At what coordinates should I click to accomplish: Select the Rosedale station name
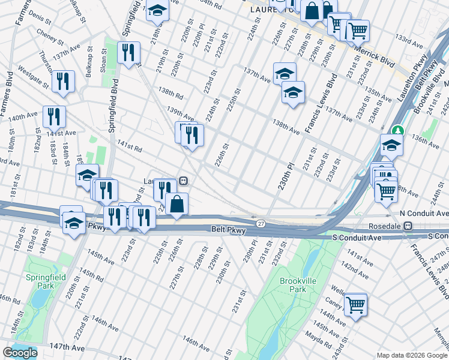click(384, 226)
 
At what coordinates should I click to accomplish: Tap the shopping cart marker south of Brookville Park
click(355, 304)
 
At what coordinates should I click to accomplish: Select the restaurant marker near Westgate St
click(62, 81)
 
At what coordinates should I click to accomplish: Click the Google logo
click(20, 353)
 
